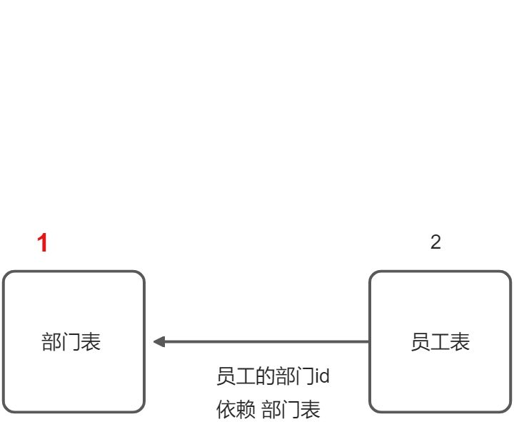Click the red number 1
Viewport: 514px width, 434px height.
(x=43, y=244)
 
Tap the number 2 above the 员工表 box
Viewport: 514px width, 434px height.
(x=435, y=242)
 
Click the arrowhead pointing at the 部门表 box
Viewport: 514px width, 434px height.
(x=158, y=342)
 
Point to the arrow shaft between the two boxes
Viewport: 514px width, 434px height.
(x=264, y=342)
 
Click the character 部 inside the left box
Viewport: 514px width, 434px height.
(x=52, y=342)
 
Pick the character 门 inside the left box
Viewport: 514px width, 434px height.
(x=72, y=342)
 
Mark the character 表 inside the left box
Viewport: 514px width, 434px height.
(x=92, y=342)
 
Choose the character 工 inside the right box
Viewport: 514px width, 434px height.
(x=440, y=342)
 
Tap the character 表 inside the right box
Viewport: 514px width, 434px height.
(x=460, y=342)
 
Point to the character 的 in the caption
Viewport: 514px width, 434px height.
(x=263, y=376)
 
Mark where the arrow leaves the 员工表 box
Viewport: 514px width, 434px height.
(x=368, y=342)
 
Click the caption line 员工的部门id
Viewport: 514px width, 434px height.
(x=273, y=376)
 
